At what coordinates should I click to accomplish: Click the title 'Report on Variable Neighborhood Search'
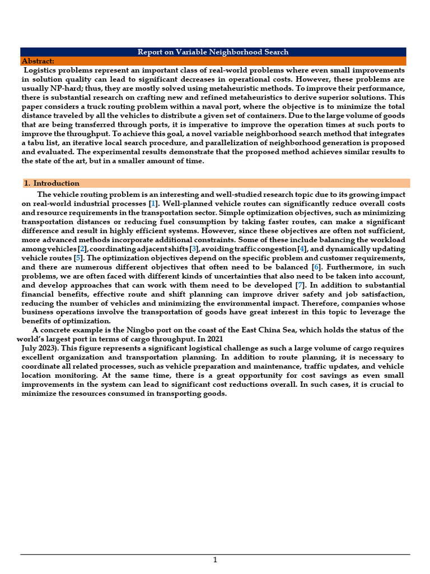(x=213, y=52)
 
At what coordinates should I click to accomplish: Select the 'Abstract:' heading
(x=38, y=61)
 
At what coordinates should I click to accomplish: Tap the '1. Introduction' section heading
(x=51, y=183)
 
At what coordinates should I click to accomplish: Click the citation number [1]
(x=153, y=204)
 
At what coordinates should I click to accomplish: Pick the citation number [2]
(x=82, y=249)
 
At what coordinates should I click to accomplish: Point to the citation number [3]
(x=194, y=249)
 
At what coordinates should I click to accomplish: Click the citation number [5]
(x=78, y=258)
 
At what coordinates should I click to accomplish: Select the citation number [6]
(x=316, y=267)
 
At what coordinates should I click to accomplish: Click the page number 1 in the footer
(x=215, y=560)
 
